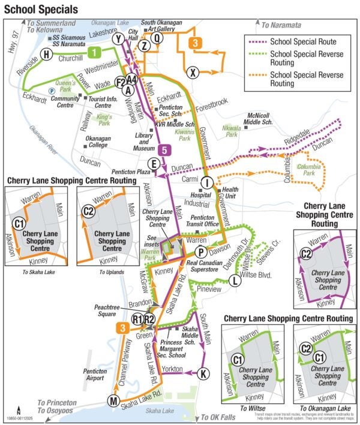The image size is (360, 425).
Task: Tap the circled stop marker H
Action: click(45, 56)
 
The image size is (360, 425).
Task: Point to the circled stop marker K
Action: click(204, 373)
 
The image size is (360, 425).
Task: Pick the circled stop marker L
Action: click(236, 281)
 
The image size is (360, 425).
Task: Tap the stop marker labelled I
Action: click(206, 183)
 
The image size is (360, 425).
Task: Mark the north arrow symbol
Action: click(18, 411)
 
